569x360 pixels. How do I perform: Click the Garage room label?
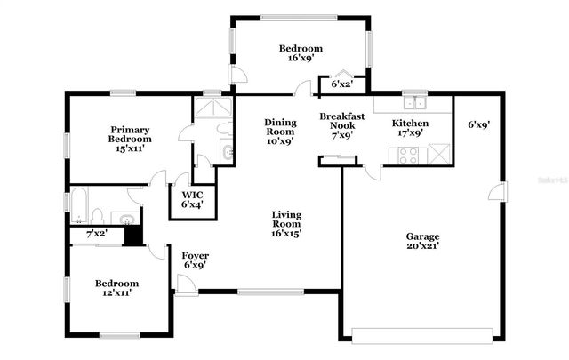coord(422,242)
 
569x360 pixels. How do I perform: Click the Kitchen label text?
coord(411,127)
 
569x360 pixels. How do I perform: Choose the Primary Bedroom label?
coord(130,139)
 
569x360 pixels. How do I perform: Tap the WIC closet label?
coord(192,200)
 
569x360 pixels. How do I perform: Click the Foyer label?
coord(195,260)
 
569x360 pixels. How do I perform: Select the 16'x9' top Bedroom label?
coord(300,54)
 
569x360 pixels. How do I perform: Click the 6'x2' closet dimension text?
coord(342,84)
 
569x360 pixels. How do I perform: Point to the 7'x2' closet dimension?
coord(97,234)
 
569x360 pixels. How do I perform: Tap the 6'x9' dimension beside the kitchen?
coord(479,124)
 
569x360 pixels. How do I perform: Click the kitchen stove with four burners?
coord(410,156)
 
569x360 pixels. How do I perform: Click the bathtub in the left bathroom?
coord(79,206)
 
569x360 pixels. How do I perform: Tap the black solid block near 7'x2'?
coord(132,235)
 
